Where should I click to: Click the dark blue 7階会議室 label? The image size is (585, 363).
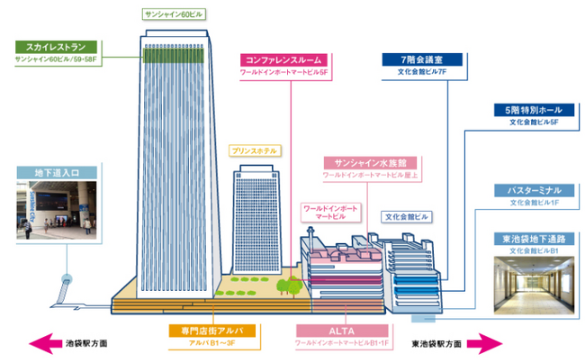click(x=422, y=59)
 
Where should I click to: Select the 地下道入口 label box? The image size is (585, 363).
click(x=56, y=172)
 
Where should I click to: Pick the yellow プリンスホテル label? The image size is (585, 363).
click(x=254, y=150)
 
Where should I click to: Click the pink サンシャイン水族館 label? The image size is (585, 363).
click(x=365, y=162)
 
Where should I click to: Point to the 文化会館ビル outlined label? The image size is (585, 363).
click(x=408, y=217)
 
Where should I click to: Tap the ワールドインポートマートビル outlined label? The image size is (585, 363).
click(x=330, y=213)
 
